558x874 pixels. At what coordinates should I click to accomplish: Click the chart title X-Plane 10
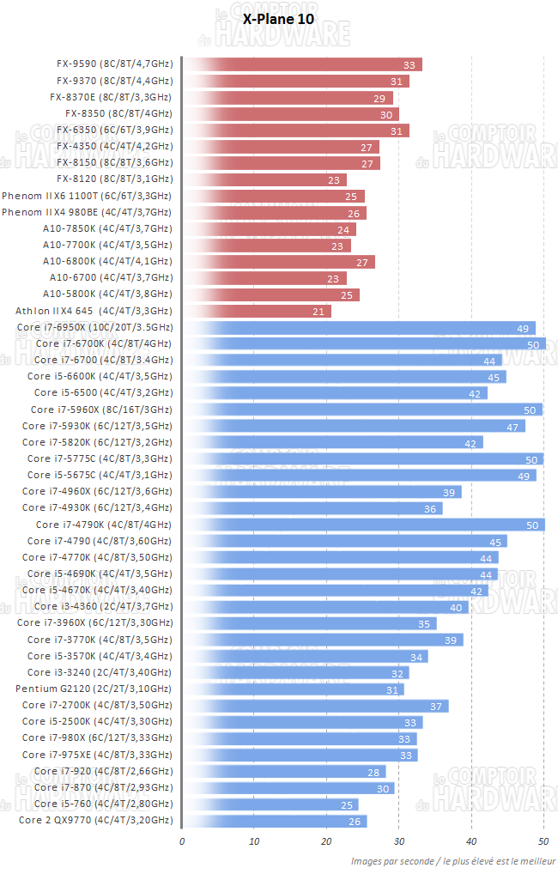278,18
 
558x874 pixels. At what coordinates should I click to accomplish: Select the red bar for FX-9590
300,64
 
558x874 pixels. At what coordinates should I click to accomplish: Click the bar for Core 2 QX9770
275,821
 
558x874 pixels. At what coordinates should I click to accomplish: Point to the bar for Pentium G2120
292,689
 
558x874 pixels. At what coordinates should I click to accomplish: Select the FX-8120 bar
264,179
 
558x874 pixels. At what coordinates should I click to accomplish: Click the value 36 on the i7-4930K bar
430,508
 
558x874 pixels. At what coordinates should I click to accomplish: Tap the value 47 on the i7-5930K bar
513,427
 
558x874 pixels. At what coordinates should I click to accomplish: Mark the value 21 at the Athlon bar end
318,312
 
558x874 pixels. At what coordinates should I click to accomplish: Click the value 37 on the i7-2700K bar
435,706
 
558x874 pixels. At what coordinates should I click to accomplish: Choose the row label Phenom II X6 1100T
87,196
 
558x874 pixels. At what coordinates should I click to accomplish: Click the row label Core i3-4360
99,607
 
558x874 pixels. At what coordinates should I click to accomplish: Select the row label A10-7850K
107,229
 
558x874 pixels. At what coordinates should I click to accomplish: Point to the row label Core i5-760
99,804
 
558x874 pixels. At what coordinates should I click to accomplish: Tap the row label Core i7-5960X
101,410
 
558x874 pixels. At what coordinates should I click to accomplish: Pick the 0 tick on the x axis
182,841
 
